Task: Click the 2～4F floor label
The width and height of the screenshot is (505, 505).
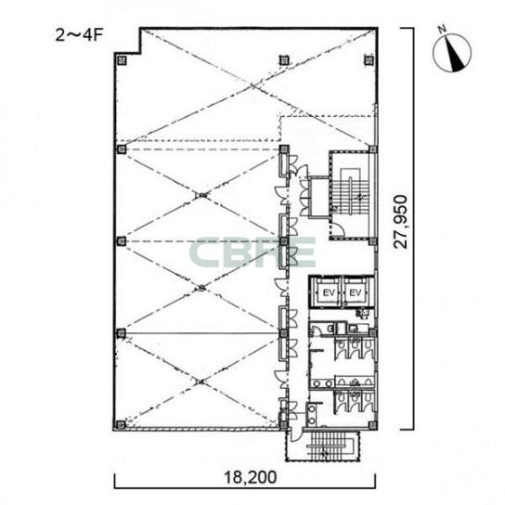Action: point(79,35)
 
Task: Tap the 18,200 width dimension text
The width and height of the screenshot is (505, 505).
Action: point(251,477)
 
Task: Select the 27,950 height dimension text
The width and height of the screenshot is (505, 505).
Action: point(401,222)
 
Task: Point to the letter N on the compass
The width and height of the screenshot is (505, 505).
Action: point(442,30)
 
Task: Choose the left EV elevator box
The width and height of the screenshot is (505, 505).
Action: point(328,292)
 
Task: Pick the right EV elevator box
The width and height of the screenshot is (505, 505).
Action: point(356,292)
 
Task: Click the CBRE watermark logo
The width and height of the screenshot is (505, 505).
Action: point(252,252)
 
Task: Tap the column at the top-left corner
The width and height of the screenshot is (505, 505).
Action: point(122,60)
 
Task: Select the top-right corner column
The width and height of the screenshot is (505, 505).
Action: point(369,60)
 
